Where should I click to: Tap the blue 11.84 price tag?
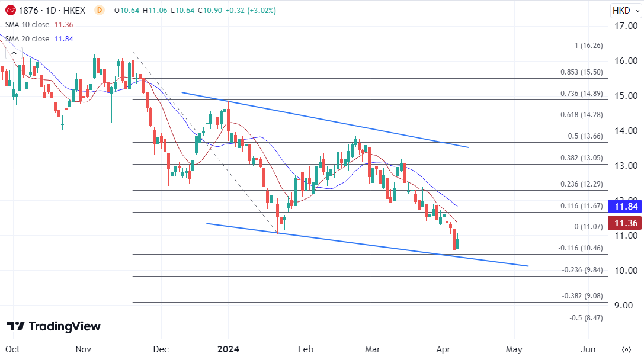(x=626, y=207)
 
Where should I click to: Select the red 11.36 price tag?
(x=626, y=223)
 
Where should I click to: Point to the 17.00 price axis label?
(x=626, y=26)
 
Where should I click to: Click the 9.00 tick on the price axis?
(x=626, y=305)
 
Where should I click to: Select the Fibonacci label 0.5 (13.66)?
(x=585, y=136)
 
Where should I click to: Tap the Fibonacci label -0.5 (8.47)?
(x=586, y=318)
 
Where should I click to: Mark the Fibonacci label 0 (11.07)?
(x=588, y=227)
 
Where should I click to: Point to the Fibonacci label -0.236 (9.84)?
(x=582, y=270)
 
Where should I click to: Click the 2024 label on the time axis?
(x=228, y=349)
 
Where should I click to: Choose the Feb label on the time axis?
(x=306, y=349)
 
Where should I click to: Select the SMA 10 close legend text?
(x=27, y=25)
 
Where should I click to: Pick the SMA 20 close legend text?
(x=27, y=39)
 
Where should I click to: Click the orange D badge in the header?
(x=99, y=10)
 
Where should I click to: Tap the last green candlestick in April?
(x=457, y=243)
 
